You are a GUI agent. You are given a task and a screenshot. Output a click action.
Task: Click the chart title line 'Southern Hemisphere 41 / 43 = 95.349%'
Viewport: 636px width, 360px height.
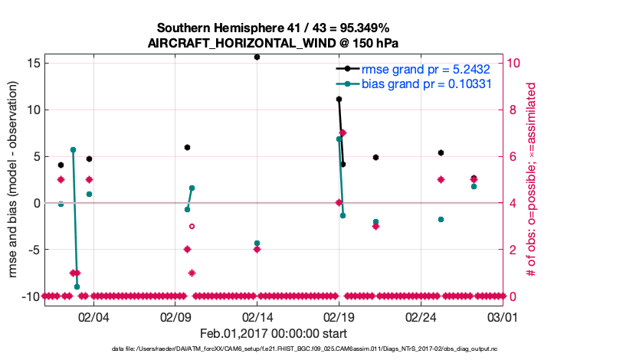(x=273, y=28)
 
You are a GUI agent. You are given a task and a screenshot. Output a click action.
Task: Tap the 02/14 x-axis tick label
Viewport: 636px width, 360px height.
(x=257, y=316)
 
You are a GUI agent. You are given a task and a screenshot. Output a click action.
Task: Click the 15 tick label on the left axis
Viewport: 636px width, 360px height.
(x=31, y=63)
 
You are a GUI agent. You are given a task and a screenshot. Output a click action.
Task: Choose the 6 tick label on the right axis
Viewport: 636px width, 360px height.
(x=512, y=156)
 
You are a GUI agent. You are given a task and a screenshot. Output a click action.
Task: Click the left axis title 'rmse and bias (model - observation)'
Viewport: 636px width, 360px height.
(x=13, y=179)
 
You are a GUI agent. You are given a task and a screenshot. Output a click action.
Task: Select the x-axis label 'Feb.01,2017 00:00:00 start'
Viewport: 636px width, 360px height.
(x=273, y=333)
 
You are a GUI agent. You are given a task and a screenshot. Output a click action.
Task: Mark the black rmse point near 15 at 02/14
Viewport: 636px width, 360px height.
(x=257, y=57)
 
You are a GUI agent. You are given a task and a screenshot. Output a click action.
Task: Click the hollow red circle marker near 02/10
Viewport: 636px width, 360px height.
(x=192, y=226)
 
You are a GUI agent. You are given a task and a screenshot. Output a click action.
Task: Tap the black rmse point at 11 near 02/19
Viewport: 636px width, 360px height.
(x=339, y=100)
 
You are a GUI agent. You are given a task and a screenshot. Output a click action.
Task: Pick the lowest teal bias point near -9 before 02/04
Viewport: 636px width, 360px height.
(x=77, y=286)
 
